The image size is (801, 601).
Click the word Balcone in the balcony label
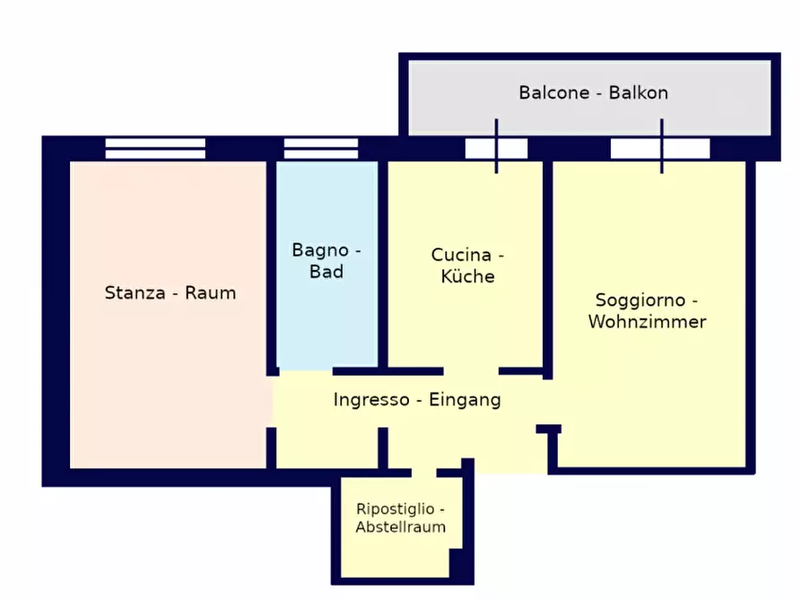[x=553, y=93]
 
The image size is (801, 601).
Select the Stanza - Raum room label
[x=170, y=292]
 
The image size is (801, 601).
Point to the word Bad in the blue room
[x=326, y=272]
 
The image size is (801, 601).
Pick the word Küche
[x=467, y=276]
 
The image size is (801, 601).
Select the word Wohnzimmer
[x=647, y=321]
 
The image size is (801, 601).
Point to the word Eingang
[x=465, y=400]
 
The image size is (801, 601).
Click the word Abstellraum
[x=400, y=527]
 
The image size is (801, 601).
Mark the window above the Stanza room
[x=155, y=148]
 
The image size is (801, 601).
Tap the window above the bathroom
[x=321, y=148]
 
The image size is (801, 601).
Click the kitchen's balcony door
[x=496, y=148]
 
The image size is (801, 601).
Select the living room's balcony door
[x=661, y=148]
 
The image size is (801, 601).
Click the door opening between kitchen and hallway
[x=471, y=371]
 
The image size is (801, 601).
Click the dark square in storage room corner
[x=460, y=564]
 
